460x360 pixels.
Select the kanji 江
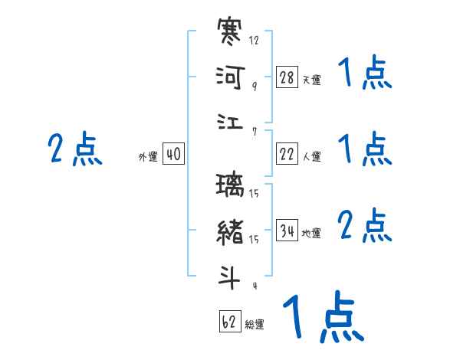pos(230,122)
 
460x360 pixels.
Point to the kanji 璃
pos(231,186)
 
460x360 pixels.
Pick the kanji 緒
pos(231,231)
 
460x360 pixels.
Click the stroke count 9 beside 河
pos(255,87)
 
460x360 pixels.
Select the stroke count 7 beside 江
pos(255,132)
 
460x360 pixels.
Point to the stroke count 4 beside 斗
pos(255,286)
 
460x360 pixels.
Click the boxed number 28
pos(287,77)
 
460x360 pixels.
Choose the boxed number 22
pos(287,154)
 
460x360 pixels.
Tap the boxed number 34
pos(287,231)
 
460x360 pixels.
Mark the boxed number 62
pos(230,322)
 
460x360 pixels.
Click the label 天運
pos(311,80)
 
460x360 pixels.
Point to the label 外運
pos(148,157)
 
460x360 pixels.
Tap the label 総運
pos(255,325)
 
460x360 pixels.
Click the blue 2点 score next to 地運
pos(364,227)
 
